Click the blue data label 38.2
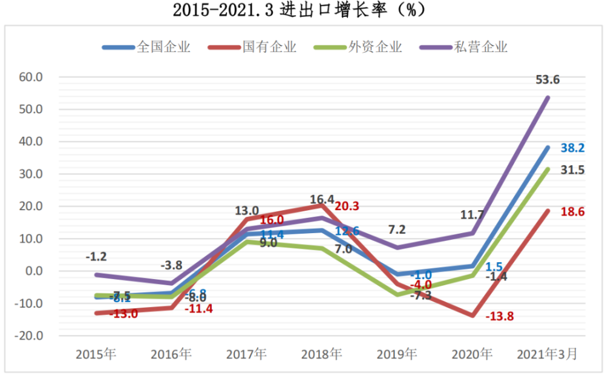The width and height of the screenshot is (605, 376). [x=572, y=148]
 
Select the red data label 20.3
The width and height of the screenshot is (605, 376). [x=346, y=206]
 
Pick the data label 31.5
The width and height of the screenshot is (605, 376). [x=572, y=170]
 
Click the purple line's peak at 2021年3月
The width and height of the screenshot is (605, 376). [x=548, y=97]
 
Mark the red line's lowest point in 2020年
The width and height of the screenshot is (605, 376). [x=473, y=315]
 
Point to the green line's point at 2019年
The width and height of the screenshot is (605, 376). [x=397, y=294]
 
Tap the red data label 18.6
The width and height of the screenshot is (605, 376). [x=572, y=212]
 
